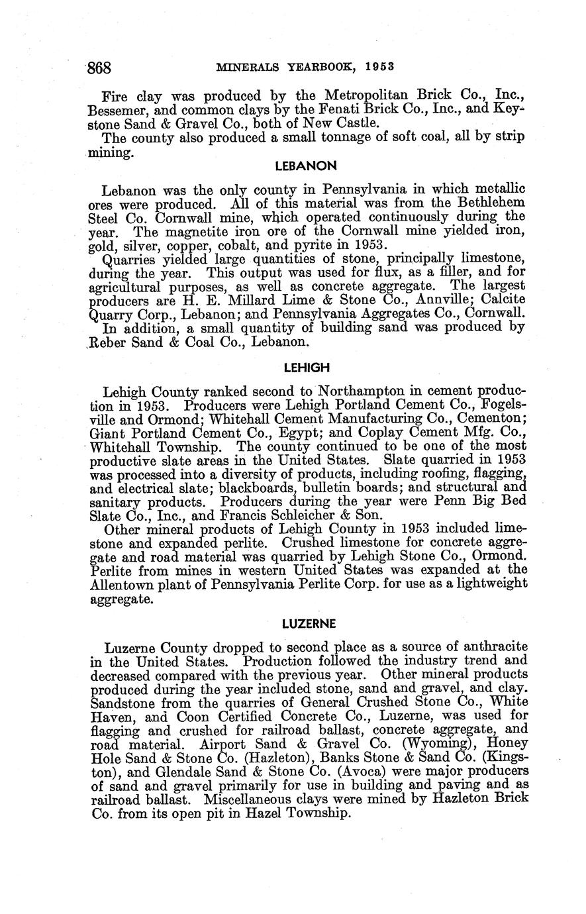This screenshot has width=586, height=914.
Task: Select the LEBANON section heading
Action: pos(306,165)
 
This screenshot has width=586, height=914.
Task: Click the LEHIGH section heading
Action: pos(306,367)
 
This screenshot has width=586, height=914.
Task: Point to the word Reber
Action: pos(110,342)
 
